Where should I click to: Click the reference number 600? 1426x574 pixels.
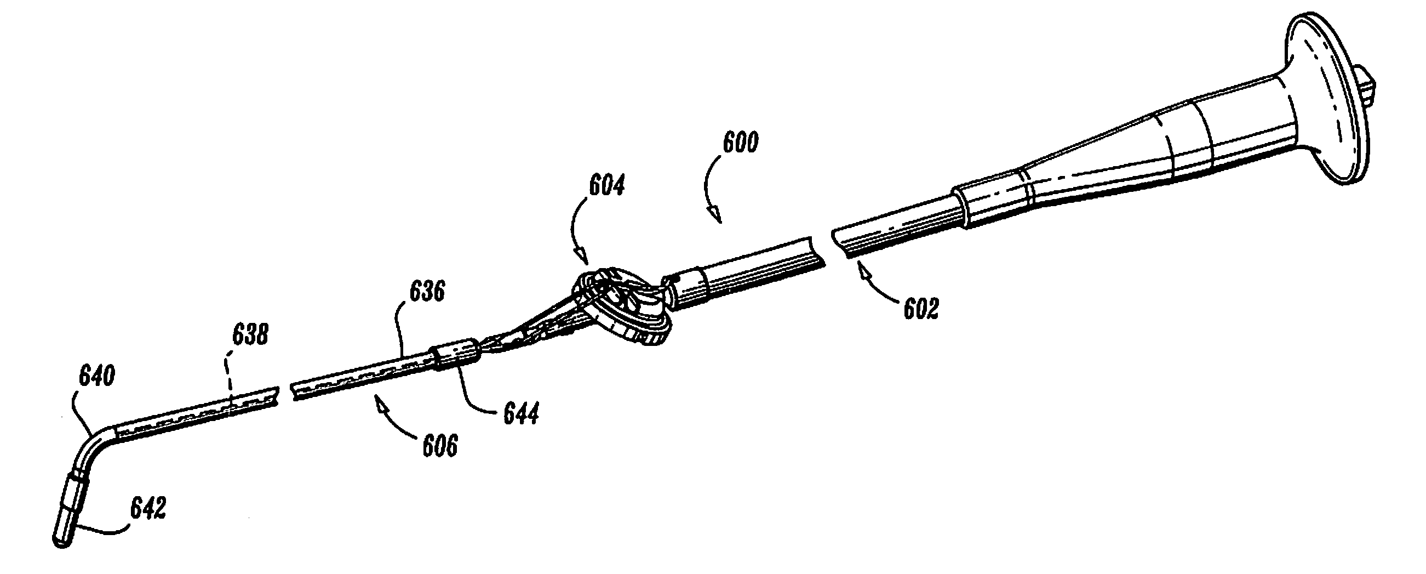tap(741, 143)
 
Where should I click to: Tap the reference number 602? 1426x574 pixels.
tap(921, 309)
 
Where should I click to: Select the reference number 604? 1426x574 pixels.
tap(606, 186)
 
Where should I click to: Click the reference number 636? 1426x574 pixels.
tap(427, 291)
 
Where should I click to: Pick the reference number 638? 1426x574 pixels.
tap(251, 335)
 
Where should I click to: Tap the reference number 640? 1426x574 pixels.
tap(97, 376)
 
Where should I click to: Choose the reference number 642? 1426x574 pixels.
tap(148, 507)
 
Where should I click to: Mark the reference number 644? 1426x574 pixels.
tap(521, 413)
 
